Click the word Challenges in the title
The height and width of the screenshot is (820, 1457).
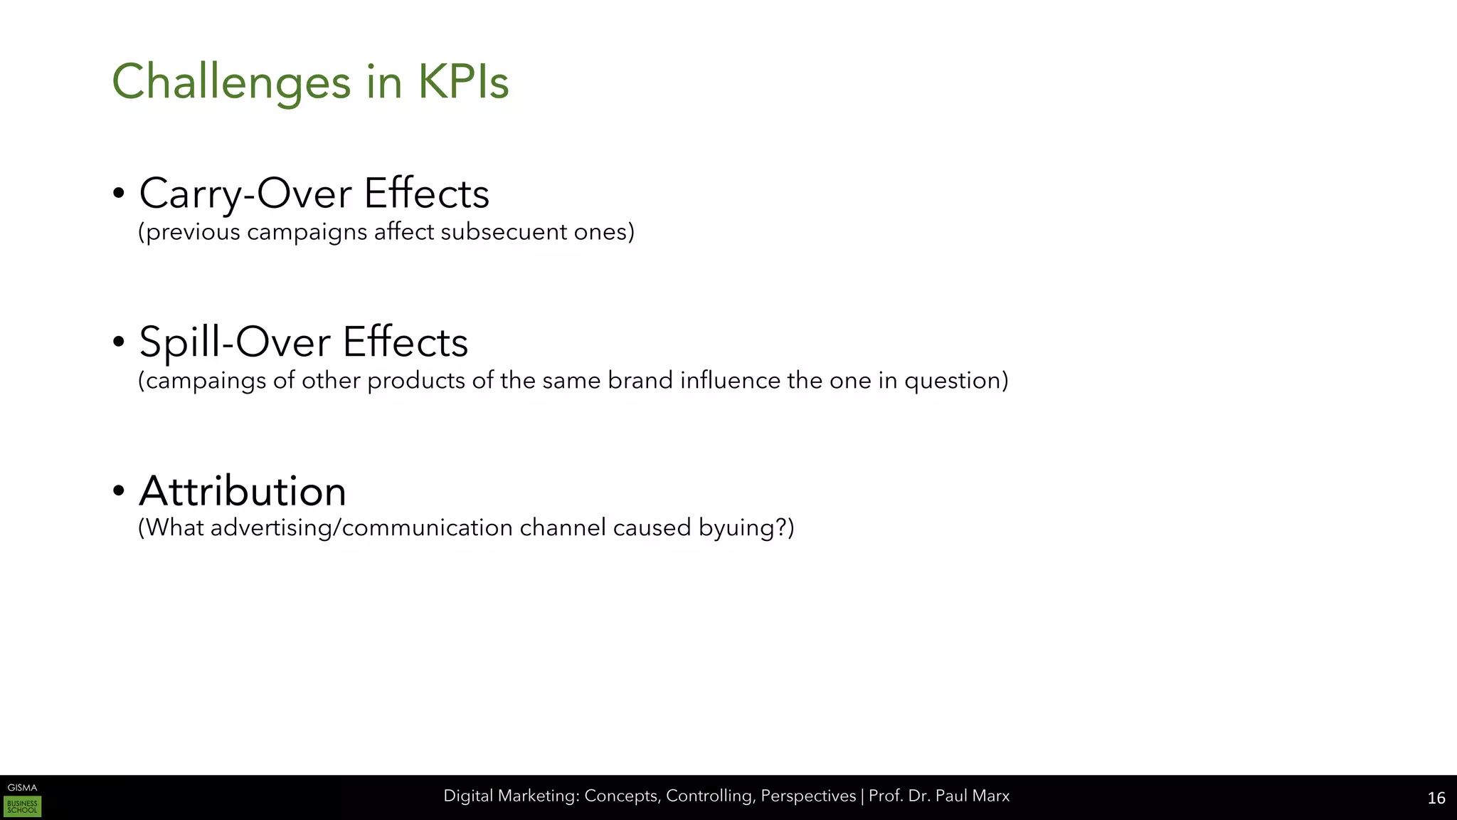[x=231, y=82]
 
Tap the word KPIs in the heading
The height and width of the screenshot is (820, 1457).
[x=463, y=82]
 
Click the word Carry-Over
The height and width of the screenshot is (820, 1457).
[x=245, y=194]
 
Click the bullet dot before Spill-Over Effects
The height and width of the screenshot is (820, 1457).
[x=119, y=342]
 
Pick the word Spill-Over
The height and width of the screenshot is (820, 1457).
[x=235, y=342]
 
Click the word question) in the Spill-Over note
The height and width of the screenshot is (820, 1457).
[x=956, y=381]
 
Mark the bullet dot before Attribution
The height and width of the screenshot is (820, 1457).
[x=119, y=490]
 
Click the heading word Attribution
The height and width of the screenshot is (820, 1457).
[x=243, y=490]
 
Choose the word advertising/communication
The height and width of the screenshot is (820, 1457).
[x=362, y=528]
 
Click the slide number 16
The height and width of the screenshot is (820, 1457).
[x=1436, y=798]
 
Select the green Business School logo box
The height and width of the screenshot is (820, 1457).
[x=23, y=806]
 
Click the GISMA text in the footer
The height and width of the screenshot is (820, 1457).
[x=22, y=787]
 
